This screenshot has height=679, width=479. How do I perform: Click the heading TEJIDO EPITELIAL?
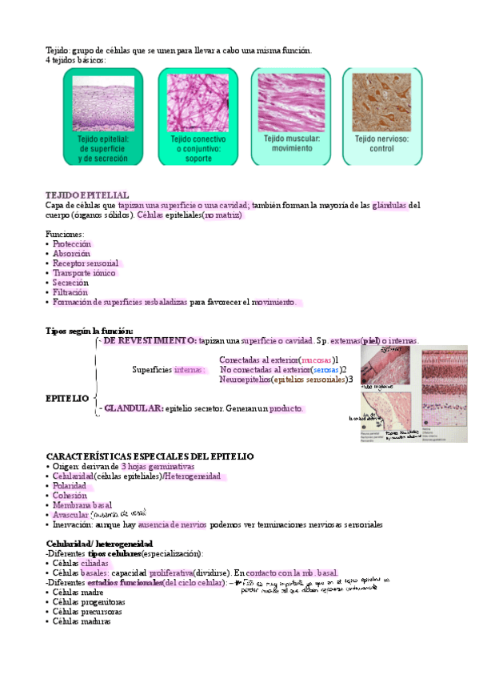point(87,195)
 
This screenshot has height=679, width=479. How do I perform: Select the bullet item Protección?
point(72,243)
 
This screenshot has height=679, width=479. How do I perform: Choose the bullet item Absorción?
point(71,253)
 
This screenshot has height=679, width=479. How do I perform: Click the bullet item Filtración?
point(71,292)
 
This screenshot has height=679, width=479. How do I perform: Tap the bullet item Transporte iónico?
point(84,273)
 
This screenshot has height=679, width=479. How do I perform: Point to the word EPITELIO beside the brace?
point(68,398)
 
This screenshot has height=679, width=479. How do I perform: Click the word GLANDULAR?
point(133,408)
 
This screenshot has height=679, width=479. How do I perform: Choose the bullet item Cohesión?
point(70,496)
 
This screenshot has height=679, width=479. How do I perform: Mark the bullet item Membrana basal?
point(82,505)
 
